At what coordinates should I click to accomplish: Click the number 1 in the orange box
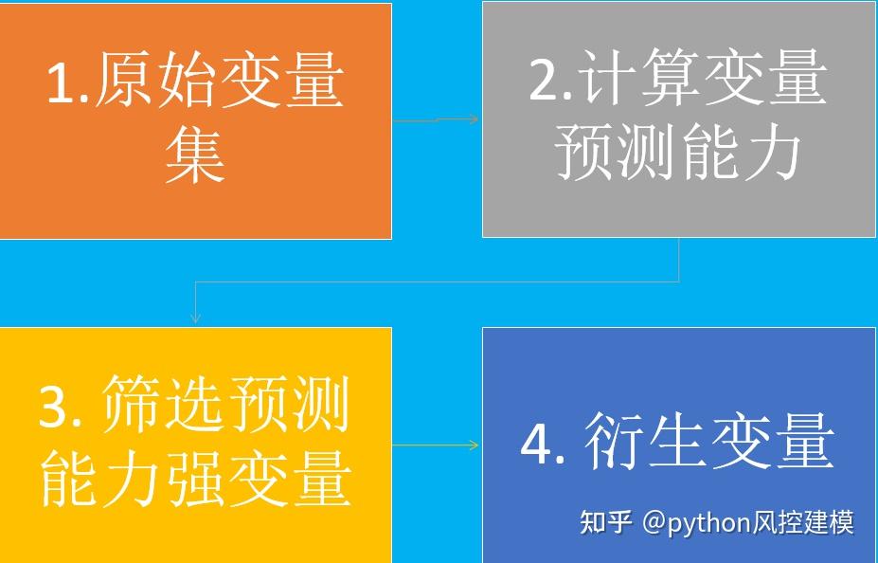click(62, 82)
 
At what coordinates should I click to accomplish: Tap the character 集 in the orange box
click(195, 154)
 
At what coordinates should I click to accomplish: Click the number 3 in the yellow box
click(56, 407)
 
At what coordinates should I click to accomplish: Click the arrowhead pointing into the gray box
click(475, 119)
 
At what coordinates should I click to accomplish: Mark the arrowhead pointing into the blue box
click(475, 445)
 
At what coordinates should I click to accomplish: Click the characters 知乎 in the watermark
click(605, 522)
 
